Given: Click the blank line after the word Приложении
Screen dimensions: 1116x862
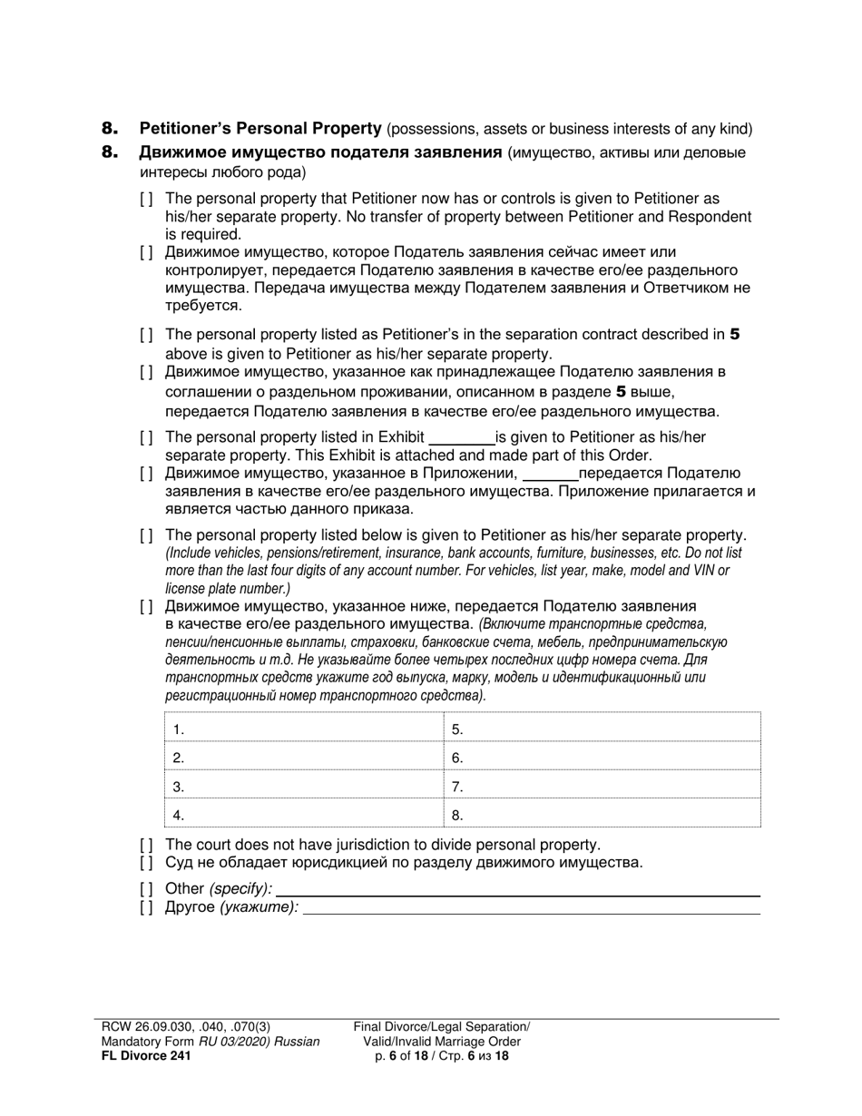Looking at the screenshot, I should pyautogui.click(x=551, y=474).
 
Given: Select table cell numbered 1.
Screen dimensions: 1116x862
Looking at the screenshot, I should pyautogui.click(x=301, y=729).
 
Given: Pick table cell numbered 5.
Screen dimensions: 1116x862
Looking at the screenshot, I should pyautogui.click(x=602, y=729).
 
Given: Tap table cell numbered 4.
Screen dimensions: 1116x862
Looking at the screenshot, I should pyautogui.click(x=301, y=815).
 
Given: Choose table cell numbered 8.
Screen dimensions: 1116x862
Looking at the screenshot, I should pyautogui.click(x=602, y=815).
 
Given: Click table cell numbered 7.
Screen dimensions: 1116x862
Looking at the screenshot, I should pyautogui.click(x=602, y=787).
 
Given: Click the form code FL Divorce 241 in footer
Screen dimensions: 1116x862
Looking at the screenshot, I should pyautogui.click(x=146, y=1056).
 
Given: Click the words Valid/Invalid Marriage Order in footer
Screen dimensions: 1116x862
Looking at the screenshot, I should pyautogui.click(x=442, y=1042).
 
